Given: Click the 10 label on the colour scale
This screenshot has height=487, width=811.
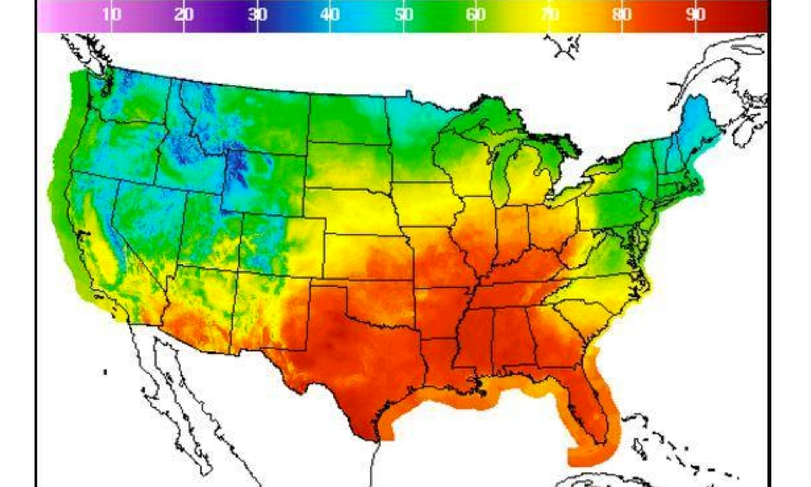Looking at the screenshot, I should (111, 14).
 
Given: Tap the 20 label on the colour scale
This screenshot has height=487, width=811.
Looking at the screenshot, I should (183, 14).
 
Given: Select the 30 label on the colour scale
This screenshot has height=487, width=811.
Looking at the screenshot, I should (256, 14).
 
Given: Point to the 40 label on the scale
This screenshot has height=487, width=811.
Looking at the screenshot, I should (330, 14).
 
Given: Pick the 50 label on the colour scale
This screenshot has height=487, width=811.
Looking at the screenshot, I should (403, 14).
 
